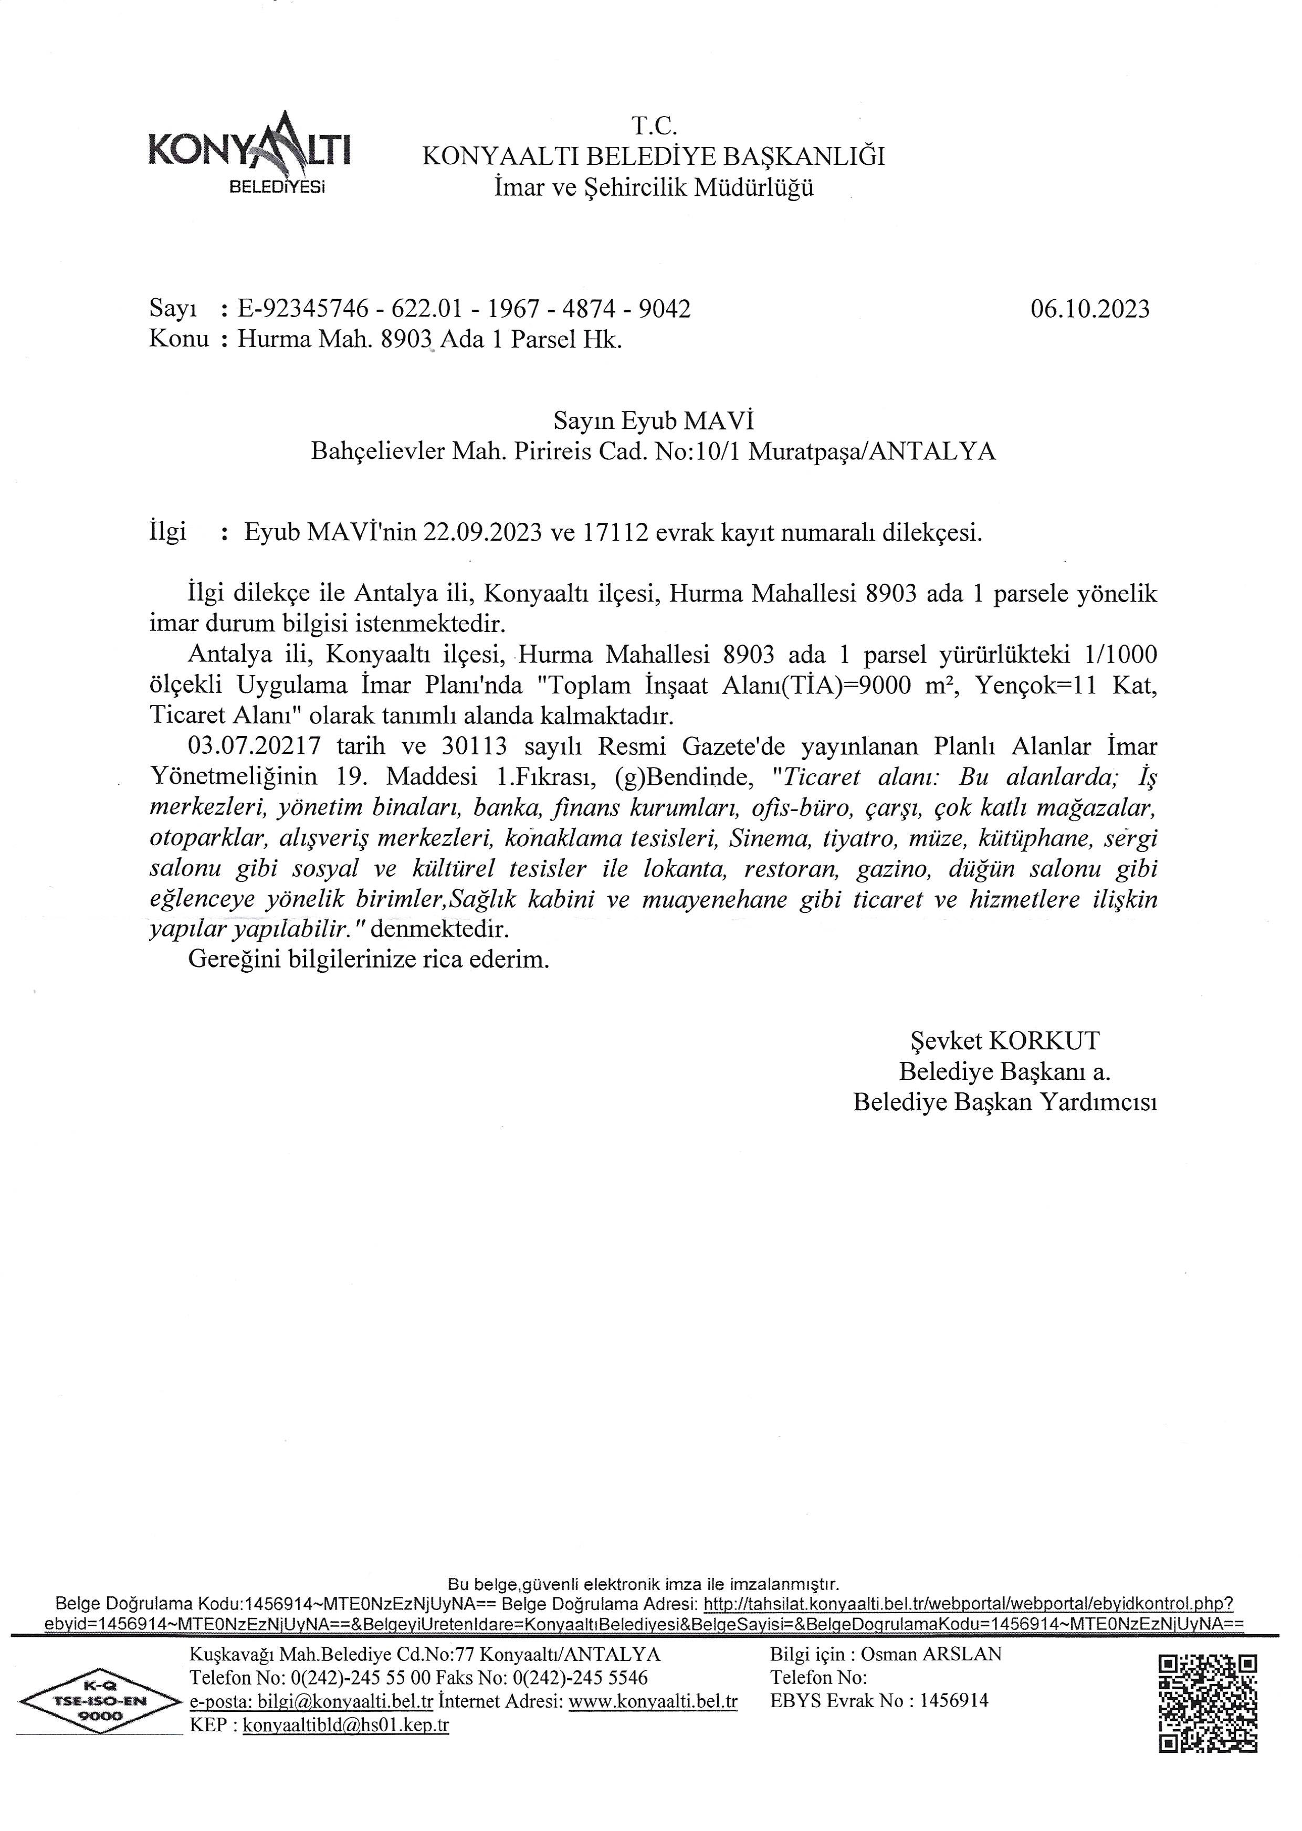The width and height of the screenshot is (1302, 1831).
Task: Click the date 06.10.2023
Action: point(1089,309)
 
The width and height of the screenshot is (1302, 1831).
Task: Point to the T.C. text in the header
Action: point(654,126)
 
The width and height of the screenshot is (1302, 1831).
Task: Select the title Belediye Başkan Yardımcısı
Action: point(1004,1102)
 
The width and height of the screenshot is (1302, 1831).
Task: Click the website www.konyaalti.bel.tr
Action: point(653,1702)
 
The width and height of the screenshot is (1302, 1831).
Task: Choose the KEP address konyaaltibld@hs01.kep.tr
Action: point(345,1725)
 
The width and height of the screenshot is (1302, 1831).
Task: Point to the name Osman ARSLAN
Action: point(931,1654)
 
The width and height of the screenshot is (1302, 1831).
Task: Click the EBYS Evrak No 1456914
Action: point(879,1701)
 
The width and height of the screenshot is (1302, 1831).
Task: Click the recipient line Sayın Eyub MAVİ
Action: point(654,421)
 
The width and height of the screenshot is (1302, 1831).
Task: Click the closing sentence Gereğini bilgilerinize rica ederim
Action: point(369,960)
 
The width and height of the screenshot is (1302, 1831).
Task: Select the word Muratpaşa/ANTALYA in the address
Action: point(872,452)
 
